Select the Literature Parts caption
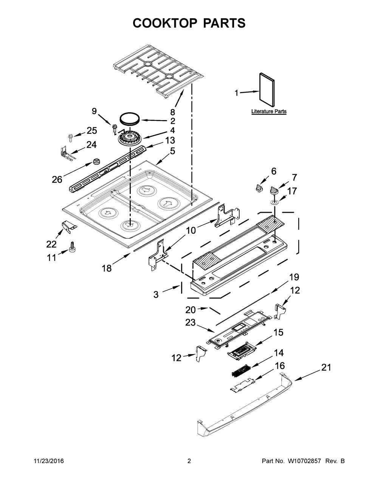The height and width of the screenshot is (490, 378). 269,112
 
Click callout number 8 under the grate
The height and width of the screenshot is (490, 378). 172,112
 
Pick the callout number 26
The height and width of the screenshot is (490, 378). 57,179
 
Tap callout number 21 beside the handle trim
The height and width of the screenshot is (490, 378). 326,368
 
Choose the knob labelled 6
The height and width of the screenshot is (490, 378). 259,188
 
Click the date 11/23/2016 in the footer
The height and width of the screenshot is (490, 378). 49,461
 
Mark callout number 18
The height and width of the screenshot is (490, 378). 107,268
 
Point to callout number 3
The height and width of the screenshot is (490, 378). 156,294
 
